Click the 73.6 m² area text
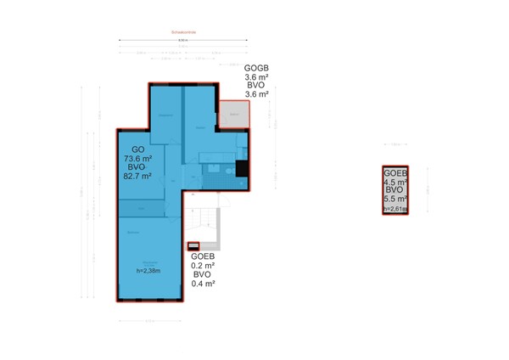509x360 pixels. click(138, 158)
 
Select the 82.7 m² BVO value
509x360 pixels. click(138, 177)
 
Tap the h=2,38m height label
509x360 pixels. click(149, 271)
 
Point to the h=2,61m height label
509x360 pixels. click(394, 208)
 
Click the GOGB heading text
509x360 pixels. click(256, 68)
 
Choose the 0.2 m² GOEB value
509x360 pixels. click(203, 265)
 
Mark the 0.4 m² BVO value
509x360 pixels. click(203, 284)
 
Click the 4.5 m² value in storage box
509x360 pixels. click(395, 181)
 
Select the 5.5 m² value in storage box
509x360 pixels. click(395, 200)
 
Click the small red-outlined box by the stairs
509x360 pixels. click(193, 247)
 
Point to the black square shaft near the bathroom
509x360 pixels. click(243, 168)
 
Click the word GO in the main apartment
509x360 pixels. click(137, 149)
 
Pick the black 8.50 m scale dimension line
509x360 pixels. click(183, 42)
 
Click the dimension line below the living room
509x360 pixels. click(149, 321)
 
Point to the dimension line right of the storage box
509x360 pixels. click(428, 191)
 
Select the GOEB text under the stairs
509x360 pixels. click(203, 256)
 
